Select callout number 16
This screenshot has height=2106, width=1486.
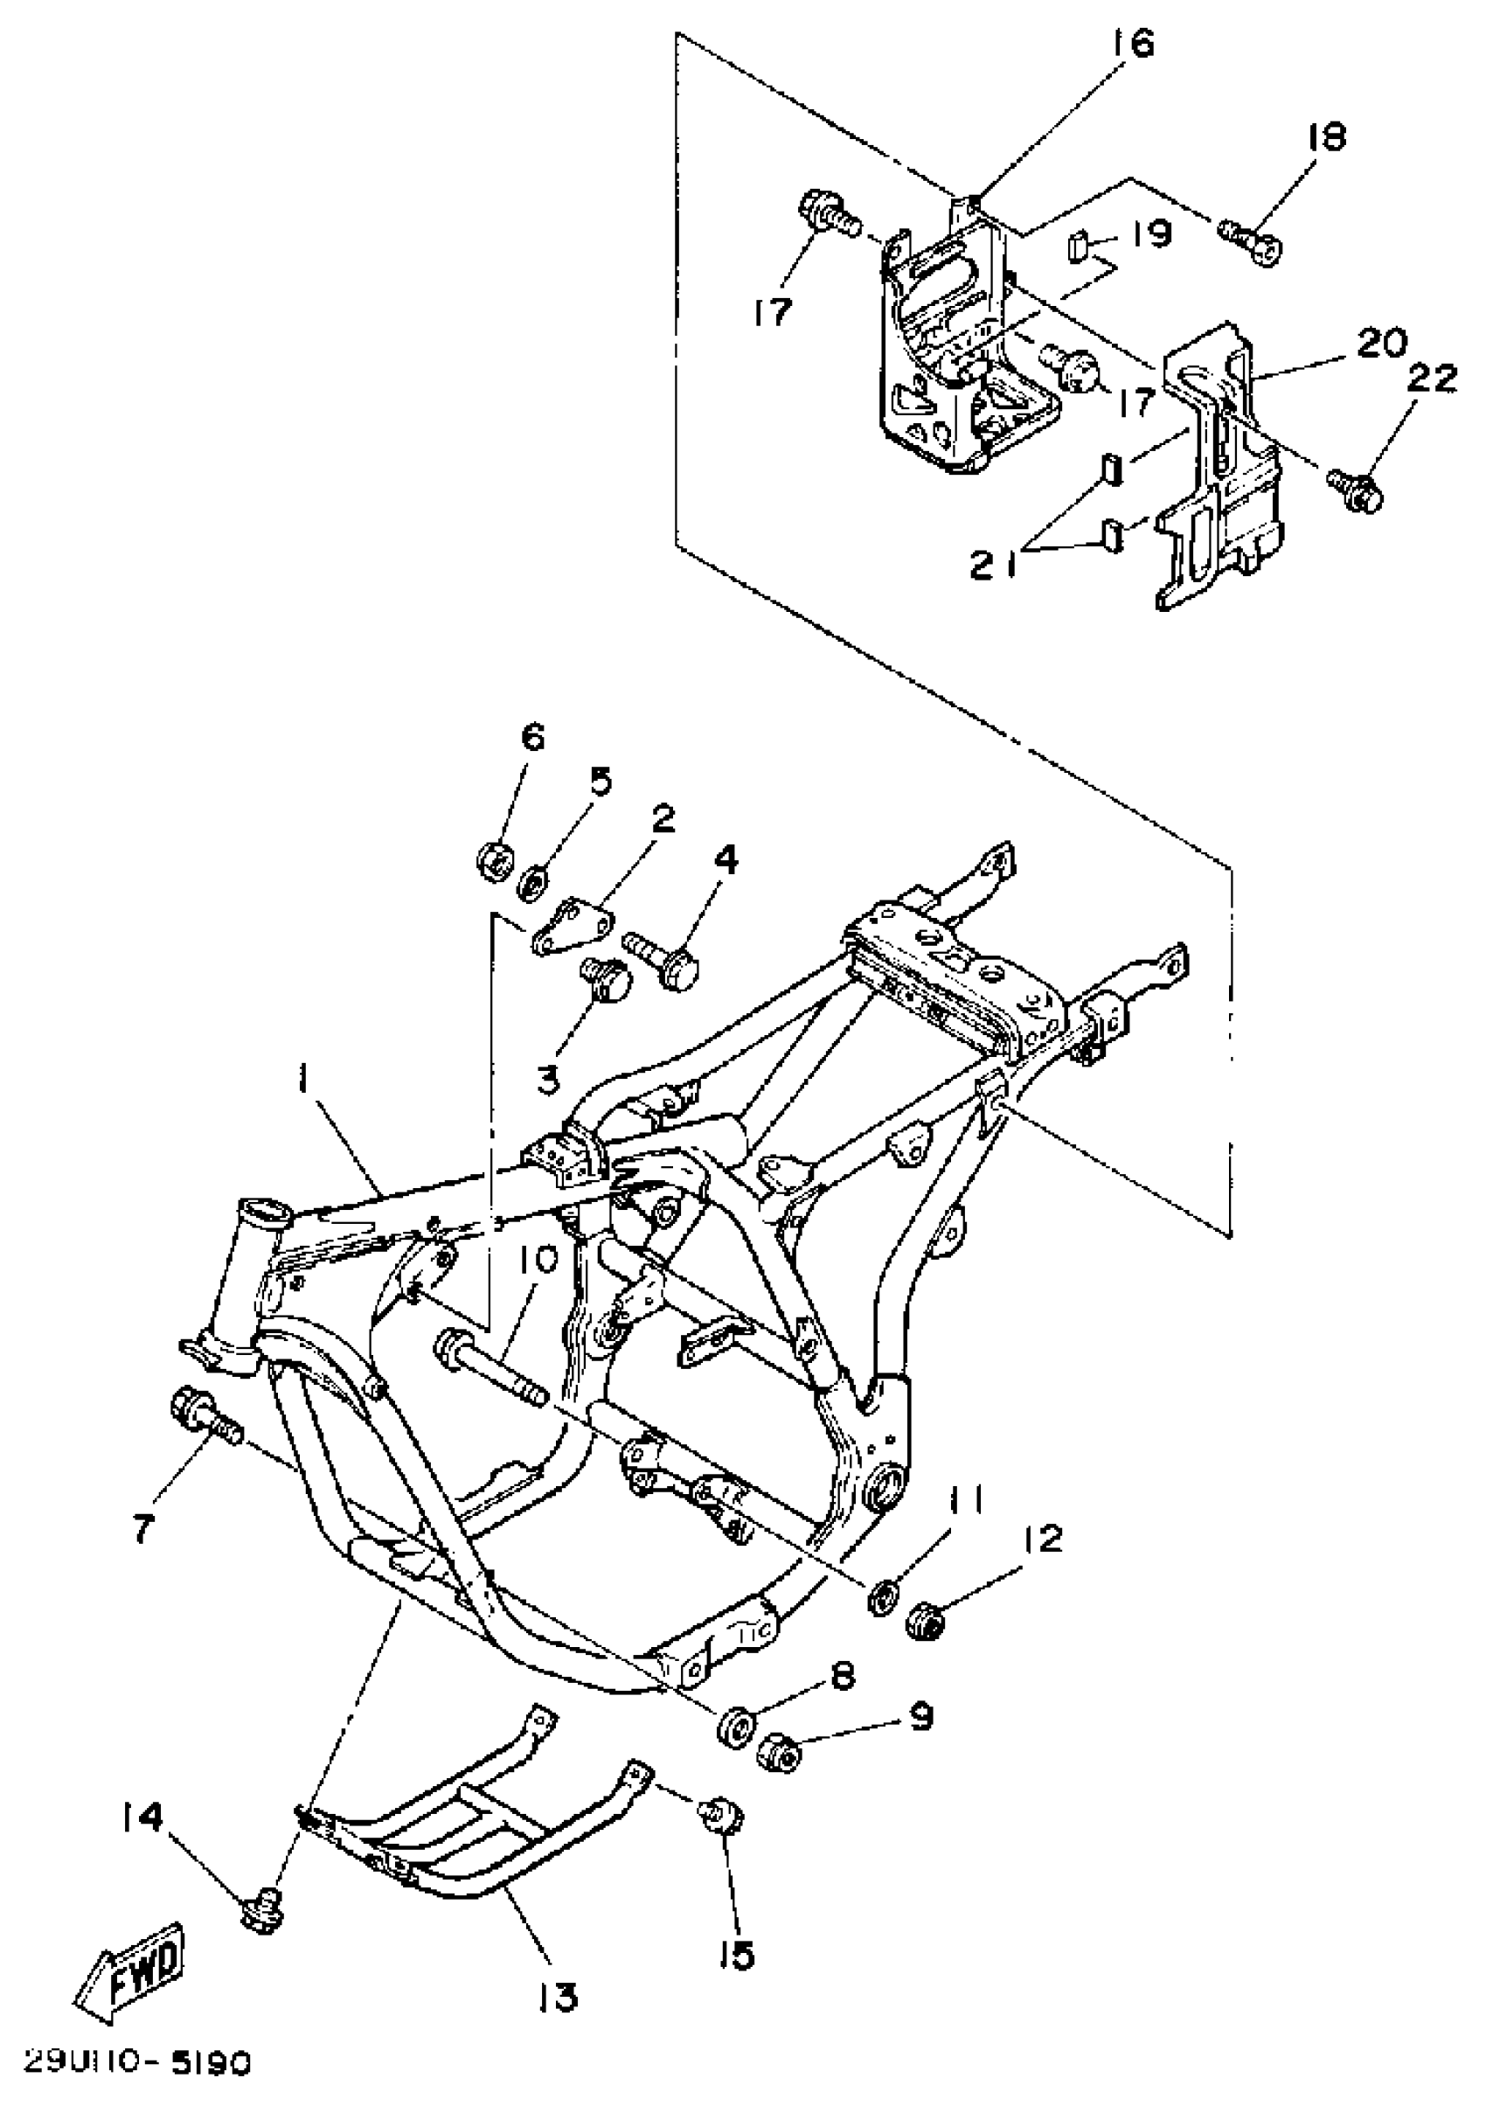coord(1135,43)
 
